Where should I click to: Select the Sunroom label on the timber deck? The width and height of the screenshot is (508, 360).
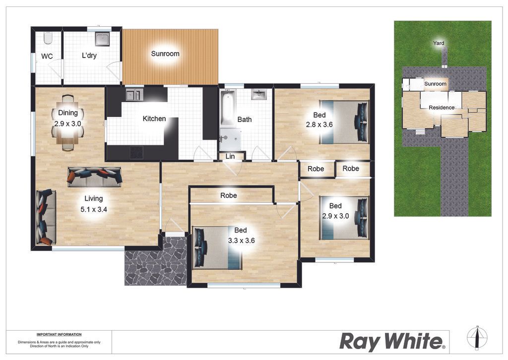pyautogui.click(x=165, y=54)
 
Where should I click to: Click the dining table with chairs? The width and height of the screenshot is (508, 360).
pyautogui.click(x=67, y=122)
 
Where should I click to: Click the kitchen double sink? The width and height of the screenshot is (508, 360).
pyautogui.click(x=134, y=95)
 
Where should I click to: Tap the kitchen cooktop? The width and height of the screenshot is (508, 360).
pyautogui.click(x=136, y=152)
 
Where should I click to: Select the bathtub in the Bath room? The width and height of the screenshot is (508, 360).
pyautogui.click(x=227, y=109)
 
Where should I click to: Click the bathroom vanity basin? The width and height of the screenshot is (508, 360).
pyautogui.click(x=259, y=95)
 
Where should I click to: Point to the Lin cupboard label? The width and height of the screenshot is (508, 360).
pyautogui.click(x=230, y=156)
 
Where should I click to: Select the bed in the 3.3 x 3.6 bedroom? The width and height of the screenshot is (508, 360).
pyautogui.click(x=217, y=248)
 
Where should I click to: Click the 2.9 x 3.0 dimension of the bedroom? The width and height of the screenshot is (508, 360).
pyautogui.click(x=335, y=216)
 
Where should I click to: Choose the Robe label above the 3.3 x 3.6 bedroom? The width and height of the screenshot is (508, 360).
pyautogui.click(x=228, y=195)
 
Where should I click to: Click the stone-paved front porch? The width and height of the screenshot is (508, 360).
pyautogui.click(x=155, y=261)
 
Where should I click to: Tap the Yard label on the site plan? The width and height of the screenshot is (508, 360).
pyautogui.click(x=439, y=43)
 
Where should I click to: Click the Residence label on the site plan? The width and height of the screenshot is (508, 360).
pyautogui.click(x=441, y=108)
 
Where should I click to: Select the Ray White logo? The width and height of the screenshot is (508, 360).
pyautogui.click(x=392, y=342)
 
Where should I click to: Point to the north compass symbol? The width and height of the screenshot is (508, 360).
pyautogui.click(x=477, y=338)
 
